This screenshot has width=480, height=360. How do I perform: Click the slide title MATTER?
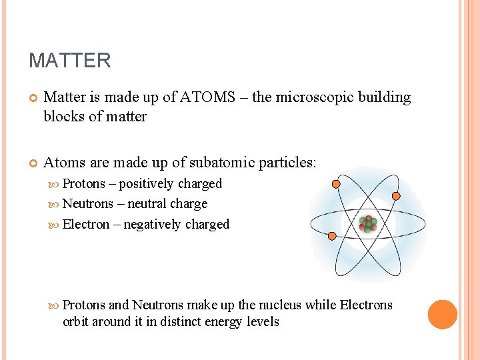coord(69,61)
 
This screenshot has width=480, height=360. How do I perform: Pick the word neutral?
coord(147,204)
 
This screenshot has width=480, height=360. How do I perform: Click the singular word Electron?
coord(85,225)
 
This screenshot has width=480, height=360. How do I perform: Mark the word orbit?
coord(77,322)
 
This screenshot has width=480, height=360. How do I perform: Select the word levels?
coord(263,322)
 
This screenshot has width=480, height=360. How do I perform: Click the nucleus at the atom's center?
coord(367,223)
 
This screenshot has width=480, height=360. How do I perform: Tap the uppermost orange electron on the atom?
coord(336,183)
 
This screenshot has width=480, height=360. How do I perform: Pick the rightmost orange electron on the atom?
coord(396,196)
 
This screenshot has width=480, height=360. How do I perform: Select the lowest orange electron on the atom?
coord(331,235)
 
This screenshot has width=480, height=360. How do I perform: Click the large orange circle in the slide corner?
coord(443,315)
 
